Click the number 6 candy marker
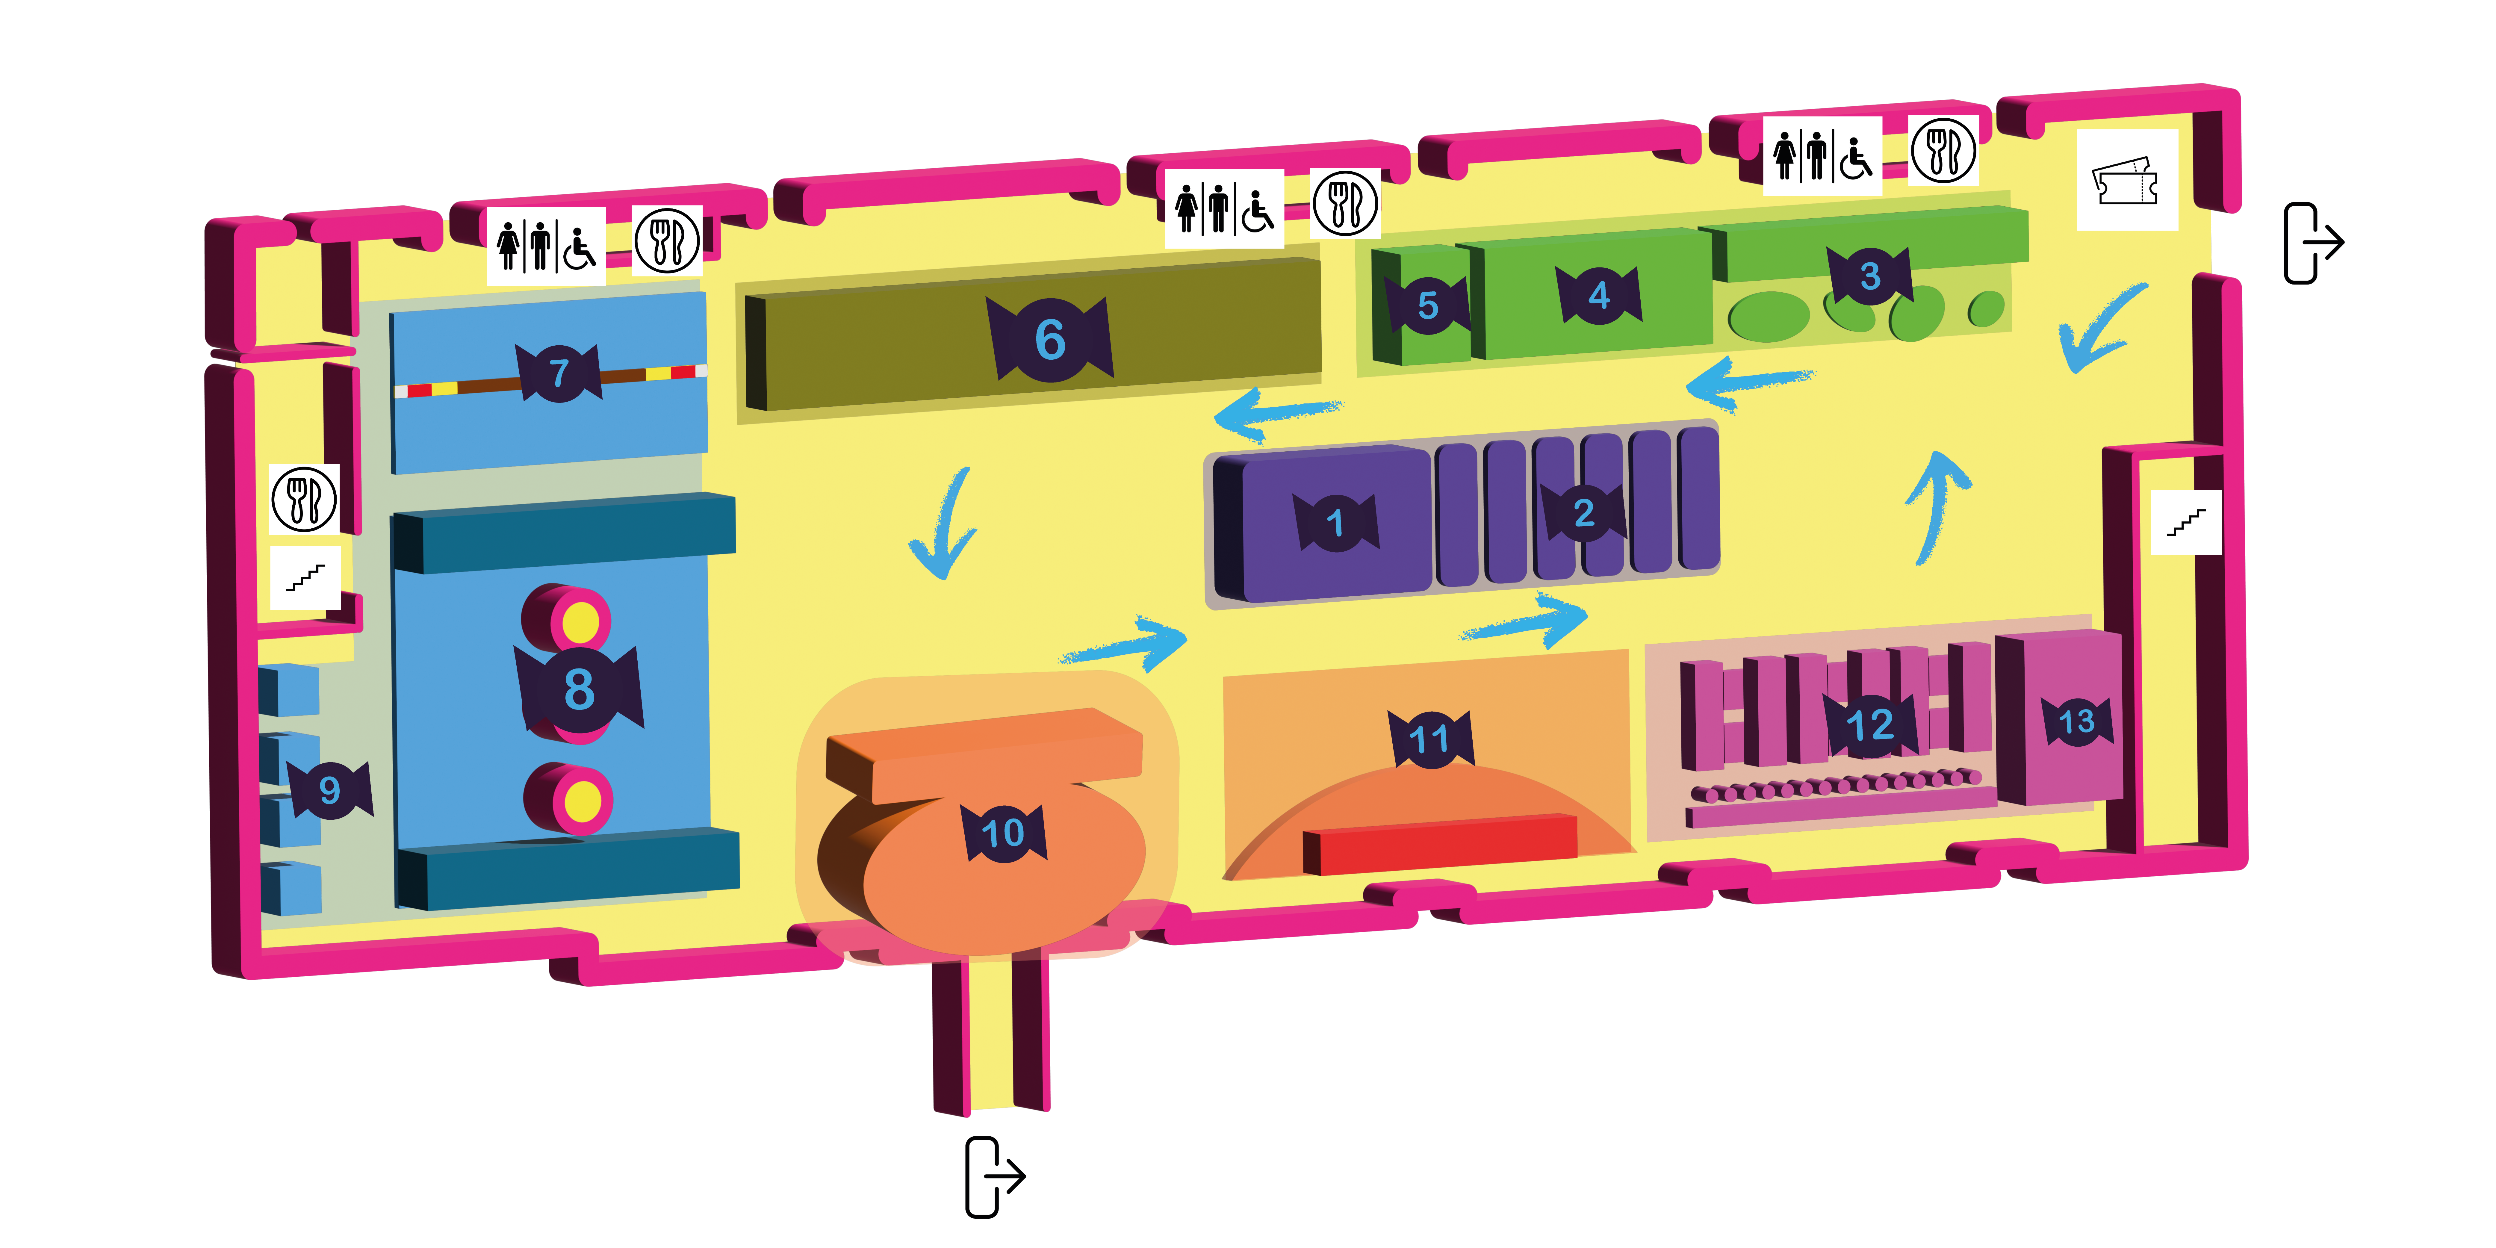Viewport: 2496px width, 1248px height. coord(1049,339)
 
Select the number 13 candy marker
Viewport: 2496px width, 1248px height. coord(2076,721)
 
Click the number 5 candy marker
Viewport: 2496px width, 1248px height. coord(1427,305)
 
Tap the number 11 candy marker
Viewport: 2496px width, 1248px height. coord(1429,739)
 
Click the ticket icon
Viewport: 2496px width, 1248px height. coord(2126,180)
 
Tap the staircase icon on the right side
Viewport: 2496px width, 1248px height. coord(2186,523)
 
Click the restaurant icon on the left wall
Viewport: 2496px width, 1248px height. coord(304,499)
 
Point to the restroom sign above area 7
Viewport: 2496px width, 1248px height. coord(545,246)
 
